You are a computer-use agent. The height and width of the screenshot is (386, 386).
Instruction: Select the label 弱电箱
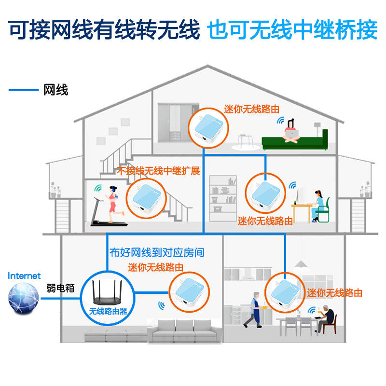pos(61,288)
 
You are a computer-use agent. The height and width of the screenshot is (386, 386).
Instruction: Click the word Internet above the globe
pos(24,276)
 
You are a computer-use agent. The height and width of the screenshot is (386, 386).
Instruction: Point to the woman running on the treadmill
pos(113,203)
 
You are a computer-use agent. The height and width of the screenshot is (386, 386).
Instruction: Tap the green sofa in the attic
pos(295,141)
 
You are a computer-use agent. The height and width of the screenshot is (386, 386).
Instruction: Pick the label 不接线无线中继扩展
pos(158,171)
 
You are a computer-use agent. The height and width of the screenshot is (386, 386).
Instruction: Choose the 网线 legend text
pos(55,90)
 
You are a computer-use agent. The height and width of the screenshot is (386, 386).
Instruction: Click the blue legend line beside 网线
pos(23,90)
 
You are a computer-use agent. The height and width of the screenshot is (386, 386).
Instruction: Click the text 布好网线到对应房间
pos(157,252)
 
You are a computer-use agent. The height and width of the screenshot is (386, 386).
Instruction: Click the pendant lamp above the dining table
pos(301,264)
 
